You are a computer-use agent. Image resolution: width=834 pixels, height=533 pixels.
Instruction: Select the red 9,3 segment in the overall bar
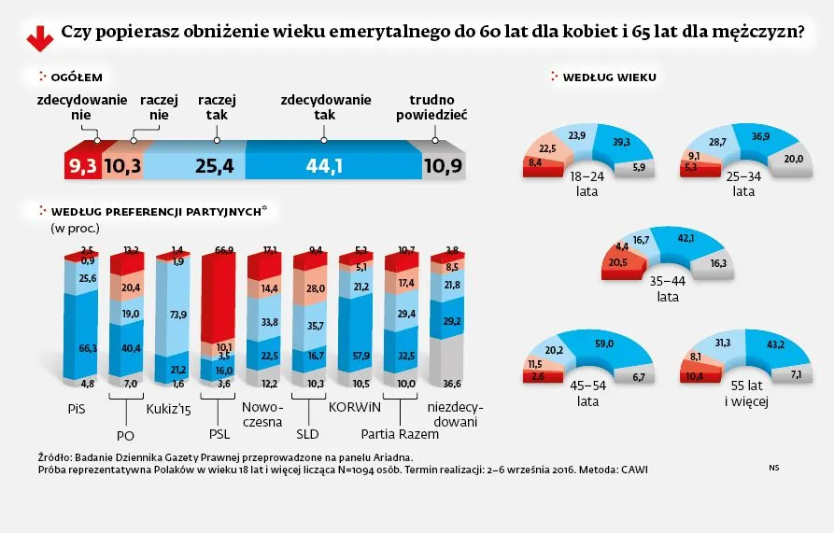[81, 166]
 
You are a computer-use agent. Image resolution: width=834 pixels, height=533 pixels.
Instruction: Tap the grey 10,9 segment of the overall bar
[442, 166]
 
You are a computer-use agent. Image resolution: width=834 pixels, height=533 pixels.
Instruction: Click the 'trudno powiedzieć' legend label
[431, 107]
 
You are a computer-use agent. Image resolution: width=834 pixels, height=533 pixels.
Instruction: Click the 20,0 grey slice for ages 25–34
[767, 159]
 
